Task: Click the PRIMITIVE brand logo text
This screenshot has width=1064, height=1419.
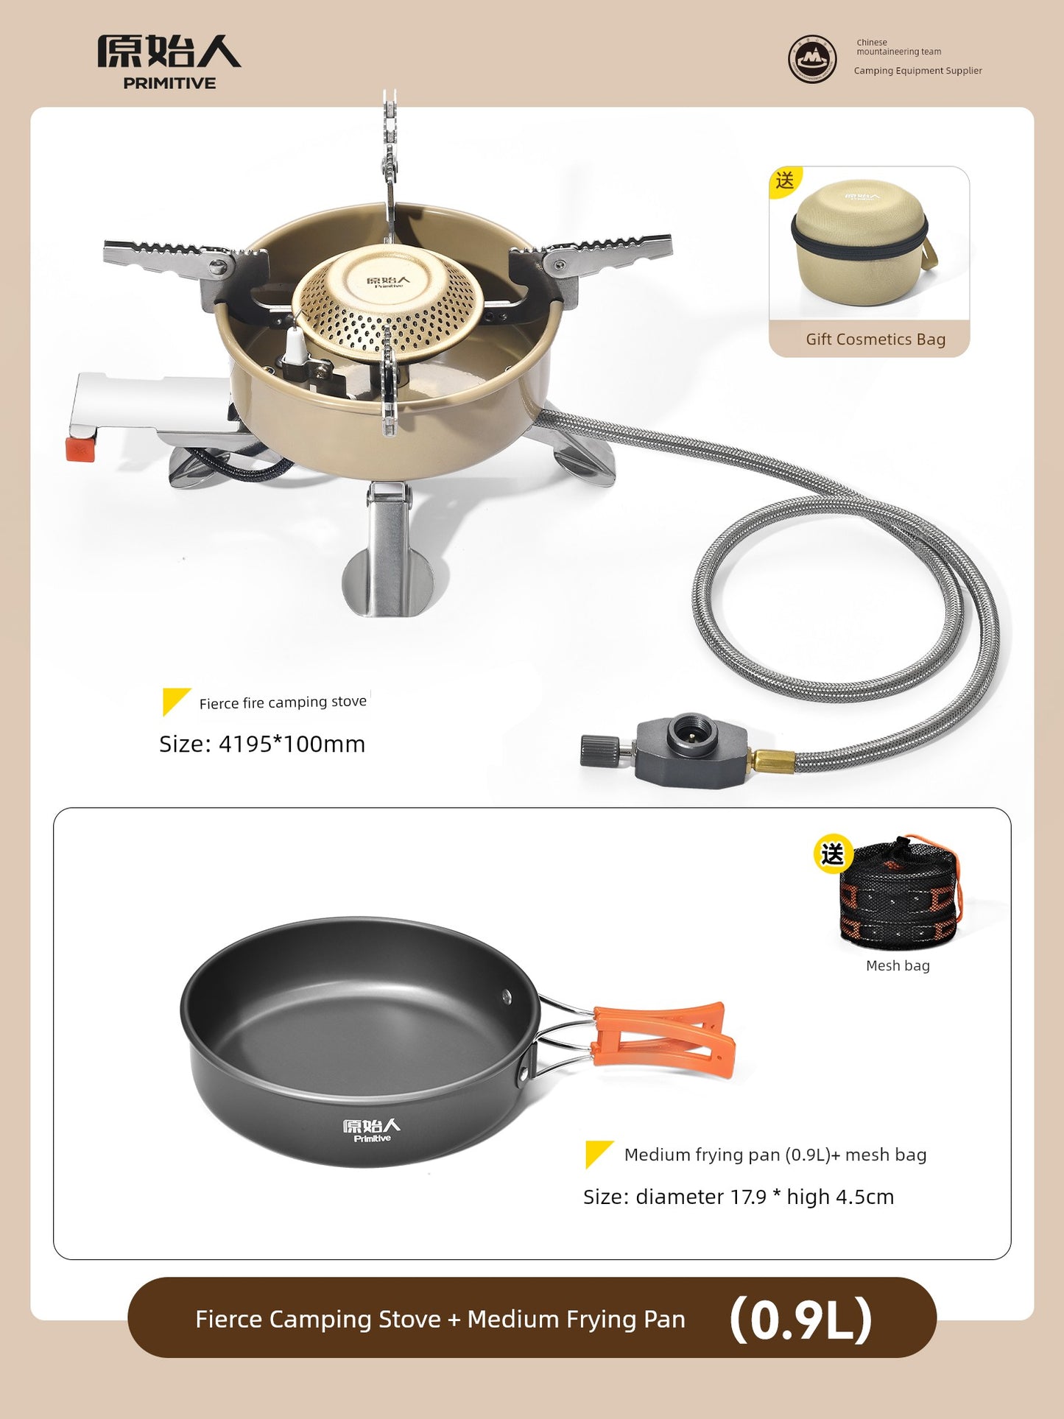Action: (169, 83)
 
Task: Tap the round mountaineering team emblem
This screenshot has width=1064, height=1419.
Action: (811, 59)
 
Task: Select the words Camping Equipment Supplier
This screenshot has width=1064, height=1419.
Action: (917, 71)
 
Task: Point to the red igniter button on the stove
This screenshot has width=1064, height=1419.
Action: (80, 448)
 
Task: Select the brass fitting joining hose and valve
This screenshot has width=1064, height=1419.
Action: (772, 760)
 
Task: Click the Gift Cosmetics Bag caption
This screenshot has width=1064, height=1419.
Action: (875, 339)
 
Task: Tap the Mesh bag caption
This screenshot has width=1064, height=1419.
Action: (898, 965)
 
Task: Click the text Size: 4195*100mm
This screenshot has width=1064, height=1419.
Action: (262, 744)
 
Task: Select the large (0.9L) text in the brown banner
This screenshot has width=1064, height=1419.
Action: (801, 1319)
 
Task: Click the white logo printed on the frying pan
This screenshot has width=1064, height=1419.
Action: (372, 1130)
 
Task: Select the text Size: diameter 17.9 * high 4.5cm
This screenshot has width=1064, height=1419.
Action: (739, 1197)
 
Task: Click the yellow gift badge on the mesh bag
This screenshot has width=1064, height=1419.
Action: (833, 854)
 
